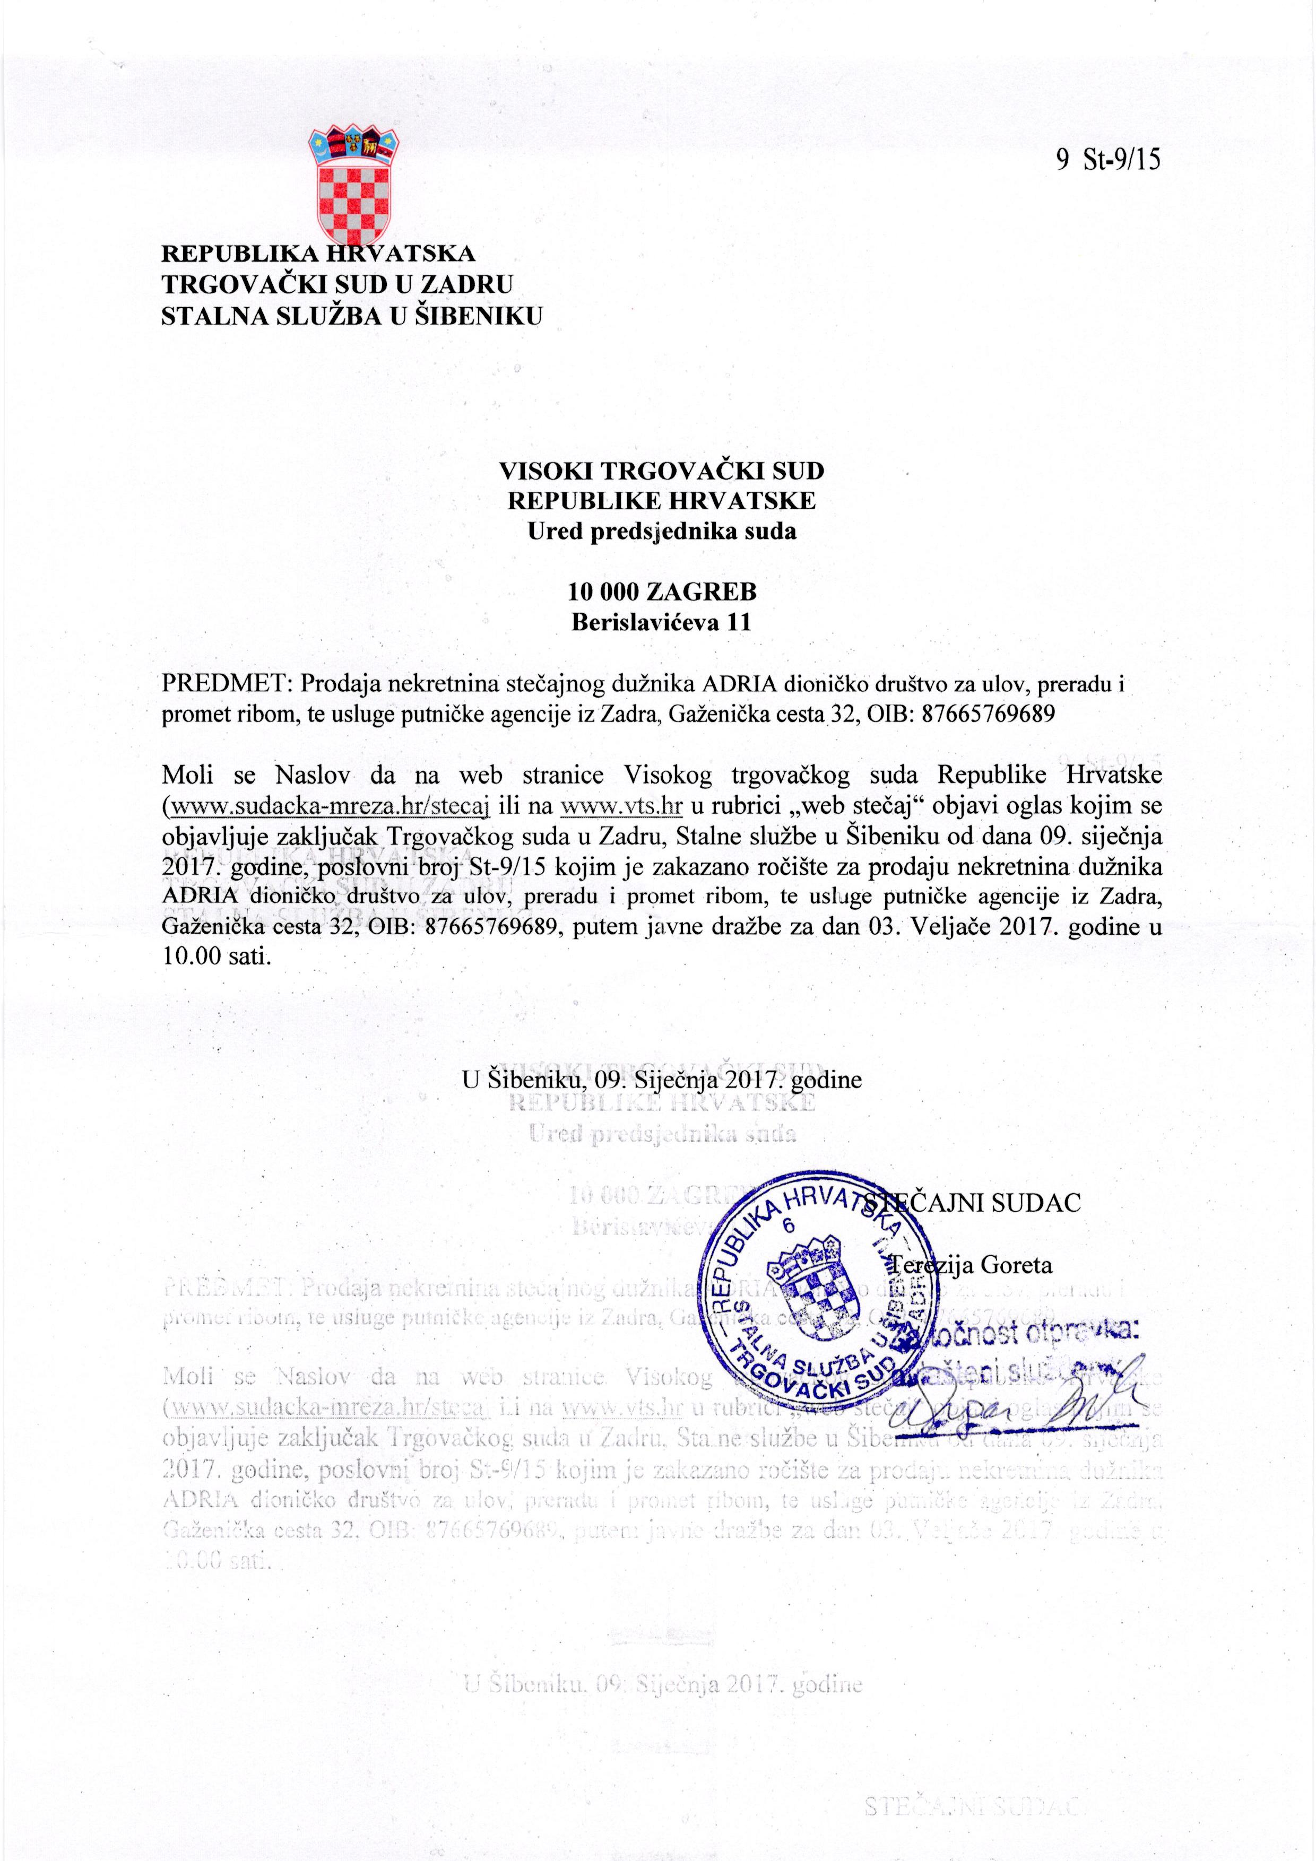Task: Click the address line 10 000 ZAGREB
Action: pos(660,592)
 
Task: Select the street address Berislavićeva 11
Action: pos(660,622)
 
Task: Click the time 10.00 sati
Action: pos(215,957)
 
